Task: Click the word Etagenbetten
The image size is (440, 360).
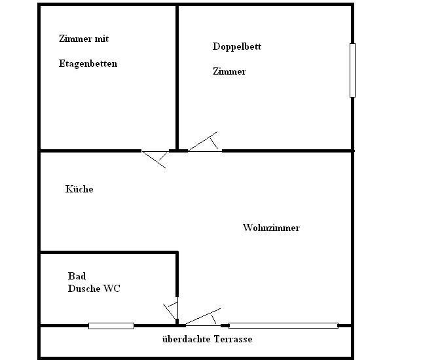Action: tap(88, 64)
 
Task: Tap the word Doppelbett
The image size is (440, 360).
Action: tap(236, 46)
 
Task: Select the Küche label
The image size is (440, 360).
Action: tap(79, 189)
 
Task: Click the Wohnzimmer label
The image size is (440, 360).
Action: tap(271, 228)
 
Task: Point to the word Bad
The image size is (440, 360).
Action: tap(77, 276)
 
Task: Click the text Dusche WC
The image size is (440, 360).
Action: tap(94, 288)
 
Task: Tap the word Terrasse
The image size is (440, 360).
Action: tap(230, 339)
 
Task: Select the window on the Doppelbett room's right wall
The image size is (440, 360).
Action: tap(352, 70)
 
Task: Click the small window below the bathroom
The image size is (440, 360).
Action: tap(111, 325)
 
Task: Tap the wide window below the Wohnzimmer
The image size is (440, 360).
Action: tap(283, 325)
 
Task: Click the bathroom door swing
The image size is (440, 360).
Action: tap(171, 310)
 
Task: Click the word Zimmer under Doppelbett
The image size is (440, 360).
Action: tap(229, 71)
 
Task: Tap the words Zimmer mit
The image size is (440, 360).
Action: tap(83, 39)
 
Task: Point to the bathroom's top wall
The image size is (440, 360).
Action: tap(108, 252)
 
